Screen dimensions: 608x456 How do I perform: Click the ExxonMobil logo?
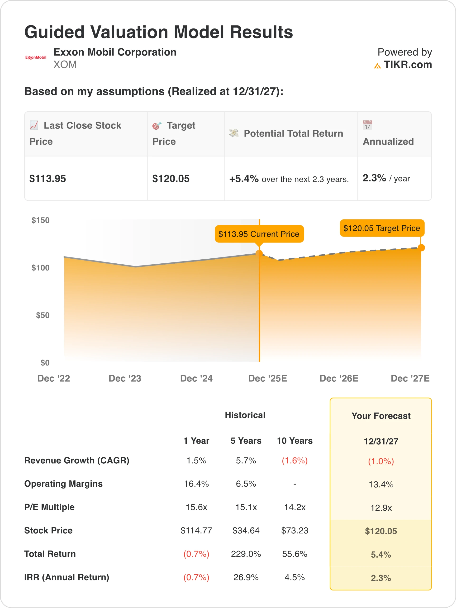[36, 57]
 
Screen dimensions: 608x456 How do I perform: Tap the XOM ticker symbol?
[65, 65]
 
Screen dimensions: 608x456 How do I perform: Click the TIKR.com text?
[408, 65]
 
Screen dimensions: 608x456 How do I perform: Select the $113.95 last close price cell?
[47, 179]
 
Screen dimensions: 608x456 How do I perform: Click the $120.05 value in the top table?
[171, 179]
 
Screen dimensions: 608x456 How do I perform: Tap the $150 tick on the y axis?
[40, 220]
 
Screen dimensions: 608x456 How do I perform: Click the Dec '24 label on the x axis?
[196, 379]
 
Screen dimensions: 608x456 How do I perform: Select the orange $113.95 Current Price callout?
[259, 234]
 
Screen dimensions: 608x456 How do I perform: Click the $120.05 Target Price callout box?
[382, 228]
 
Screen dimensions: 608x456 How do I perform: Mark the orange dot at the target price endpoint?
[421, 248]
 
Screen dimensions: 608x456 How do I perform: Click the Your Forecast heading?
[381, 416]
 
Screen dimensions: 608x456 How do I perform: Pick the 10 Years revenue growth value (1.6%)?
[295, 461]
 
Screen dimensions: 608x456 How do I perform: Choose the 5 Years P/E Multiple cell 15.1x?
[246, 507]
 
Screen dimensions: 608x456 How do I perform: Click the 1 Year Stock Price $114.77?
[196, 531]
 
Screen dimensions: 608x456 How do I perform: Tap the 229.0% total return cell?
[246, 554]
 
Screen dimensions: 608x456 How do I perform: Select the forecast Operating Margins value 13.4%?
[381, 484]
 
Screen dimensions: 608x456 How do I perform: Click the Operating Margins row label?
[63, 484]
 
